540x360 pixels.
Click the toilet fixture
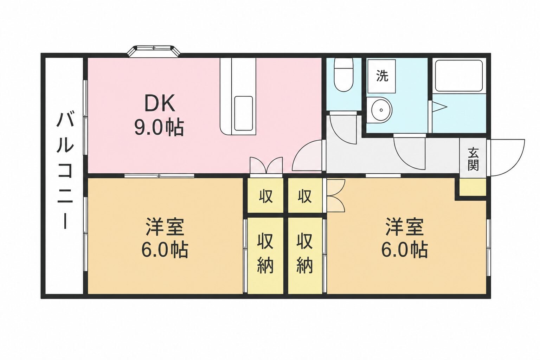pyautogui.click(x=343, y=75)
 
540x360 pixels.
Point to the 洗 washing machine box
pyautogui.click(x=381, y=76)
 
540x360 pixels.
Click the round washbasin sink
pyautogui.click(x=380, y=110)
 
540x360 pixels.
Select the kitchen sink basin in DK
pyautogui.click(x=244, y=113)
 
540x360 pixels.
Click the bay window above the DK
pyautogui.click(x=154, y=51)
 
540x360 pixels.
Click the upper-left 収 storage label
pyautogui.click(x=266, y=196)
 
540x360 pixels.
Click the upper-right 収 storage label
pyautogui.click(x=305, y=196)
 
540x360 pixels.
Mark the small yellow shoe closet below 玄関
pyautogui.click(x=472, y=187)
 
